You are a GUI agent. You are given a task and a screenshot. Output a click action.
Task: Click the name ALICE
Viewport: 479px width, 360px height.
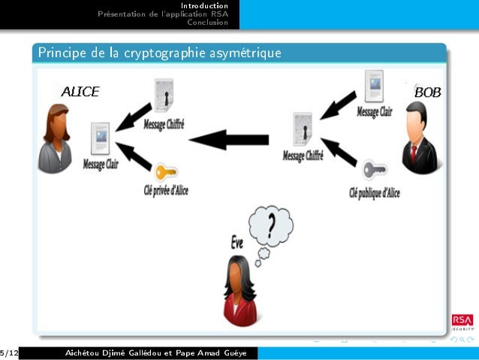(80, 92)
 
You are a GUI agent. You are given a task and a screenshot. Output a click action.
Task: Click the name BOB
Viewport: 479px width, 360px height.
(427, 92)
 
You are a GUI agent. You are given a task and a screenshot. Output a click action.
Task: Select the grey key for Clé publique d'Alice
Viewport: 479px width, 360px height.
(373, 170)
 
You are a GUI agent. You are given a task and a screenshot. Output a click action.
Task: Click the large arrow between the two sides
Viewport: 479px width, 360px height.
(229, 140)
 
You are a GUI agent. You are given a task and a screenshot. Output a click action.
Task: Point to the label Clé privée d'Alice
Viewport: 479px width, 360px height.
(166, 190)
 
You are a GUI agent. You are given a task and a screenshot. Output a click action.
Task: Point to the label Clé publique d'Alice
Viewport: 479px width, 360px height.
(375, 192)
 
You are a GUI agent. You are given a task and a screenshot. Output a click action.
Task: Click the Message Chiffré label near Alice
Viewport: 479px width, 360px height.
(163, 123)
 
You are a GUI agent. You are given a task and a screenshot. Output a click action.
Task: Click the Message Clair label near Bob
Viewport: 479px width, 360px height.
(374, 111)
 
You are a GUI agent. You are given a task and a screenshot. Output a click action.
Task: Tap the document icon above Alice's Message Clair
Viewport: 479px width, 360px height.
(100, 138)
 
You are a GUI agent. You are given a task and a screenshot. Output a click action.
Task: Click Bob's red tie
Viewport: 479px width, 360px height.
(413, 155)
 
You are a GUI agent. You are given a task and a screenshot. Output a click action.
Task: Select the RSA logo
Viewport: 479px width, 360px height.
(462, 321)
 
